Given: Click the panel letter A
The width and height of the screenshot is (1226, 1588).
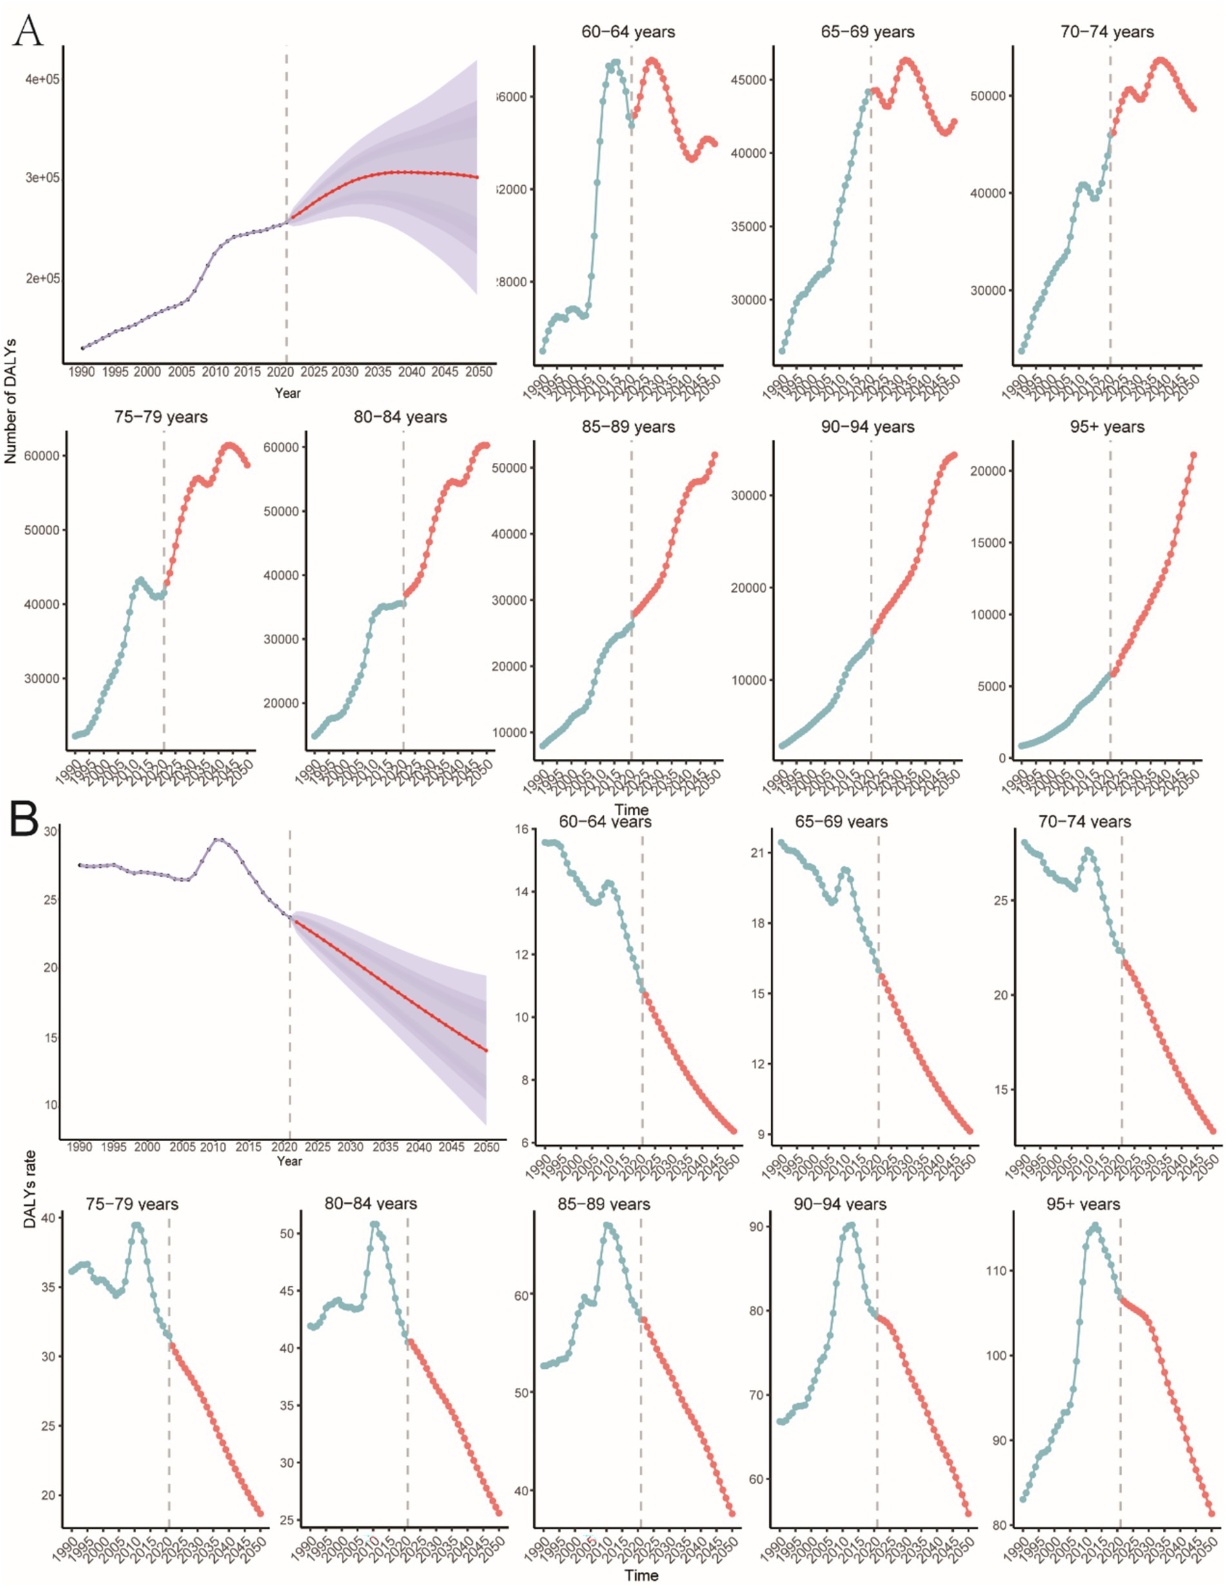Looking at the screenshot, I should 28,30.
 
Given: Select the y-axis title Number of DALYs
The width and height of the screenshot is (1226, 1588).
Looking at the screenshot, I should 10,400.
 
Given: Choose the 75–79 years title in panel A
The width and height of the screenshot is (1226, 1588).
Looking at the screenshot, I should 161,417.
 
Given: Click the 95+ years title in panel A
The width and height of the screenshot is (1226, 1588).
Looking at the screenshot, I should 1107,427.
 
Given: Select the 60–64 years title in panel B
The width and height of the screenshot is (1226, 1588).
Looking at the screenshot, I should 605,821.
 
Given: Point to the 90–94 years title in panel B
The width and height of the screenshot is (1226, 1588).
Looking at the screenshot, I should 840,1204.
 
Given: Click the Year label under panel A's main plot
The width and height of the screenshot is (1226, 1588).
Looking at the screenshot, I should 287,393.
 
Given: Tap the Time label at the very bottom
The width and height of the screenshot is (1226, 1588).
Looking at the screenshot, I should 640,1575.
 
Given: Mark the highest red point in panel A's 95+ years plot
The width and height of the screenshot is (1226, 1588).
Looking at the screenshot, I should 1193,455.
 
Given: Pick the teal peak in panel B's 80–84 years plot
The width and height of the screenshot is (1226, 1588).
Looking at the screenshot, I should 375,1224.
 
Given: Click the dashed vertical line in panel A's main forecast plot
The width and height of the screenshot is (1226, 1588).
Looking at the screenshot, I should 286,218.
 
